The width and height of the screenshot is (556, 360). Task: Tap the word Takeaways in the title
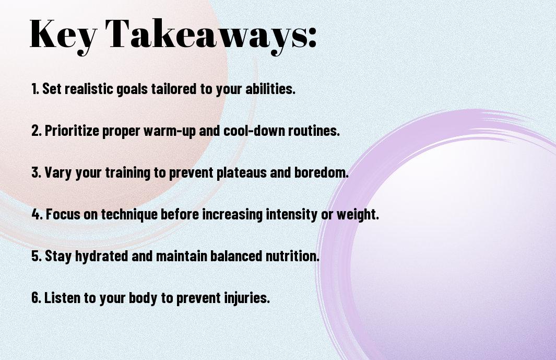206,36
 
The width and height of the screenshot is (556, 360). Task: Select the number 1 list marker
35,89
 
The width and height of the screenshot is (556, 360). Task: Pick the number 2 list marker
37,131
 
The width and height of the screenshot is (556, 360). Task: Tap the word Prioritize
72,131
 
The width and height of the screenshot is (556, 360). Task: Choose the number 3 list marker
37,172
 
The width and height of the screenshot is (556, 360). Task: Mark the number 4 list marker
37,214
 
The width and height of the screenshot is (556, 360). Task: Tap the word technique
129,215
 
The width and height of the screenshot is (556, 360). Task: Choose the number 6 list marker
37,298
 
